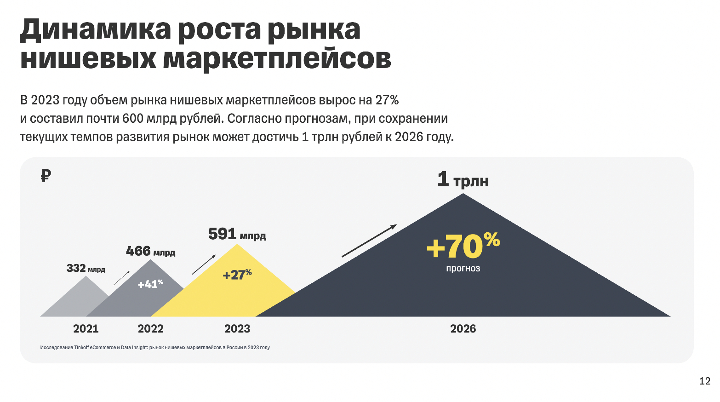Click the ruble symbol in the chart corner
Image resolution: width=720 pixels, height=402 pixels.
click(x=45, y=175)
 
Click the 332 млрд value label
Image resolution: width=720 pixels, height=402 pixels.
click(x=86, y=268)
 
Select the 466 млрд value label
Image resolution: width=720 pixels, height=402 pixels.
click(x=150, y=251)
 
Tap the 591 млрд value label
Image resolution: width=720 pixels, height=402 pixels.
click(x=237, y=234)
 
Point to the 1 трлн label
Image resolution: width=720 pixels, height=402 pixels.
click(x=463, y=179)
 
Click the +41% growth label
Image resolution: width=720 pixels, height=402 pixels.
click(x=150, y=284)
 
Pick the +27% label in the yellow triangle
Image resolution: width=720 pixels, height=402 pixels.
click(x=237, y=275)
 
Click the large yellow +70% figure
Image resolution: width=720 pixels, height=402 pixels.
click(x=463, y=246)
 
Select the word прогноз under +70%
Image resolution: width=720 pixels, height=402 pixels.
click(x=463, y=269)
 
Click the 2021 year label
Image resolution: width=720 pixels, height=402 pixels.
click(x=86, y=329)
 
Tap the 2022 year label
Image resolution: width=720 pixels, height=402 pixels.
click(x=150, y=329)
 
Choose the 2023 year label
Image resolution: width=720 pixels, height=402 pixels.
click(x=237, y=329)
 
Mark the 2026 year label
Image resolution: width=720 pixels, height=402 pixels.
click(x=463, y=329)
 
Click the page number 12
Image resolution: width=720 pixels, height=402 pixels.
click(x=704, y=381)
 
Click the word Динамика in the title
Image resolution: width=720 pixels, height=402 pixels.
click(x=95, y=30)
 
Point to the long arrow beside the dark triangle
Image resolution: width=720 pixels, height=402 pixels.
click(x=369, y=241)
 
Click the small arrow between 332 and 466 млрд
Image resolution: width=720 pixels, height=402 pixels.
click(x=122, y=278)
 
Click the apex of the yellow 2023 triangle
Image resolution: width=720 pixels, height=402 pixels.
click(x=237, y=245)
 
